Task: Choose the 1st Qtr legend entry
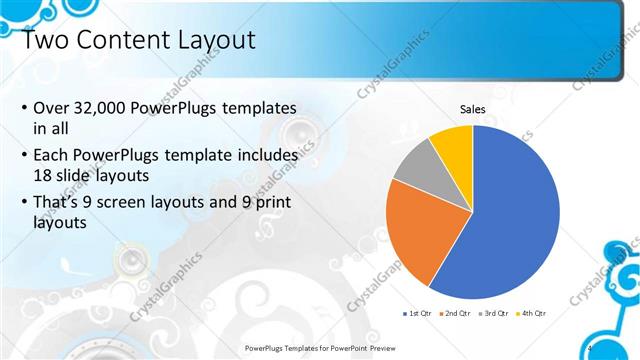pos(416,313)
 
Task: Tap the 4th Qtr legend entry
pos(535,313)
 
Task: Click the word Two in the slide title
pos(45,41)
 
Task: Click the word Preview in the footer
pos(399,347)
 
